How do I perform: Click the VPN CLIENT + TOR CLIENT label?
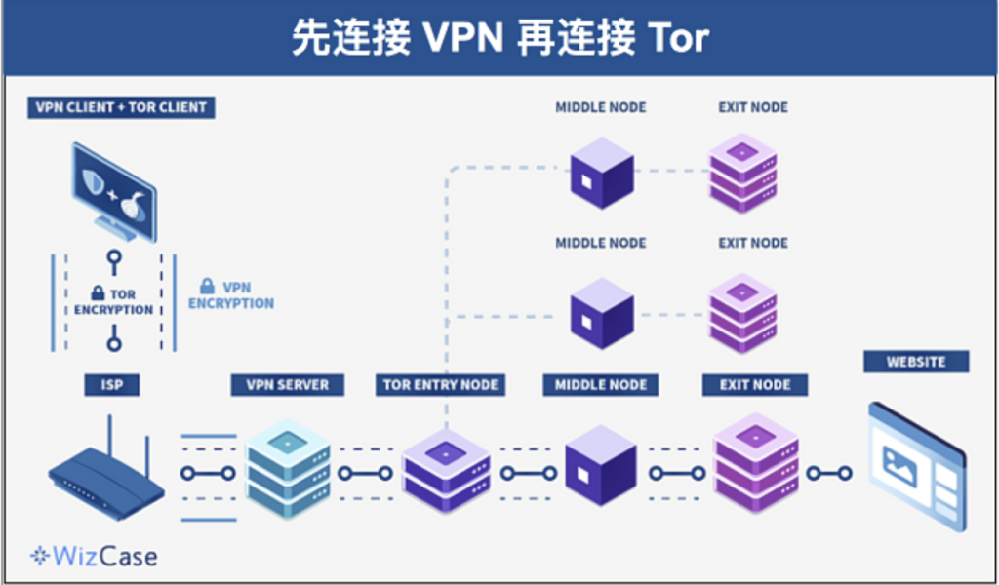coord(121,107)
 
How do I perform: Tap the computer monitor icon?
coord(113,191)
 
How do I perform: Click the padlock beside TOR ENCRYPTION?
coord(98,292)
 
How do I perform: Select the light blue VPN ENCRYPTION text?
coord(231,295)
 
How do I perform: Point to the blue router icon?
coord(107,473)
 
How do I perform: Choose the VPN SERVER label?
coord(287,385)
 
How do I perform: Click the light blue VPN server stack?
coord(287,468)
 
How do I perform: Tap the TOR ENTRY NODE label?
coord(441,385)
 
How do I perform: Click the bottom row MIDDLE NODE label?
coord(601,385)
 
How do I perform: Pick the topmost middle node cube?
coord(601,173)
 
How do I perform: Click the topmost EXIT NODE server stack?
coord(741,173)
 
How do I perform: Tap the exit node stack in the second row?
coord(741,312)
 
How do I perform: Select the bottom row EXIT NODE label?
coord(755,385)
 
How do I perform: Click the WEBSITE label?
coord(916,362)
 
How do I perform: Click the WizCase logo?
coord(94,557)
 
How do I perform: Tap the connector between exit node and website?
coord(829,473)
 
